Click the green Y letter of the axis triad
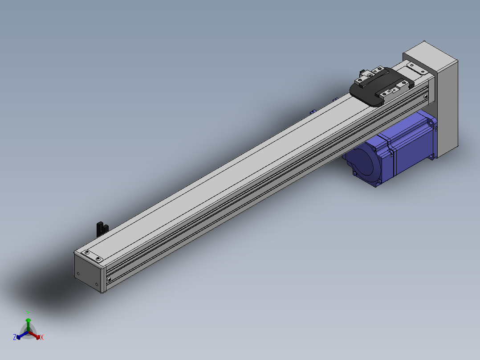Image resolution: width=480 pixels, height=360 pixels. pos(28,314)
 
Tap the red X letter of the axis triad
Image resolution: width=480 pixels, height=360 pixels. pos(42,337)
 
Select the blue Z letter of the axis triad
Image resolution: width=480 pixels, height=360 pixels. pos(15,337)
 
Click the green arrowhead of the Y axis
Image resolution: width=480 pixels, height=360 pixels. pos(28,320)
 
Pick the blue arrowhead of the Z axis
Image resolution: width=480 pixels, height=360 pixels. pos(18,337)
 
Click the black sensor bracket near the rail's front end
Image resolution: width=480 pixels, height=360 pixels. pos(102,229)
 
